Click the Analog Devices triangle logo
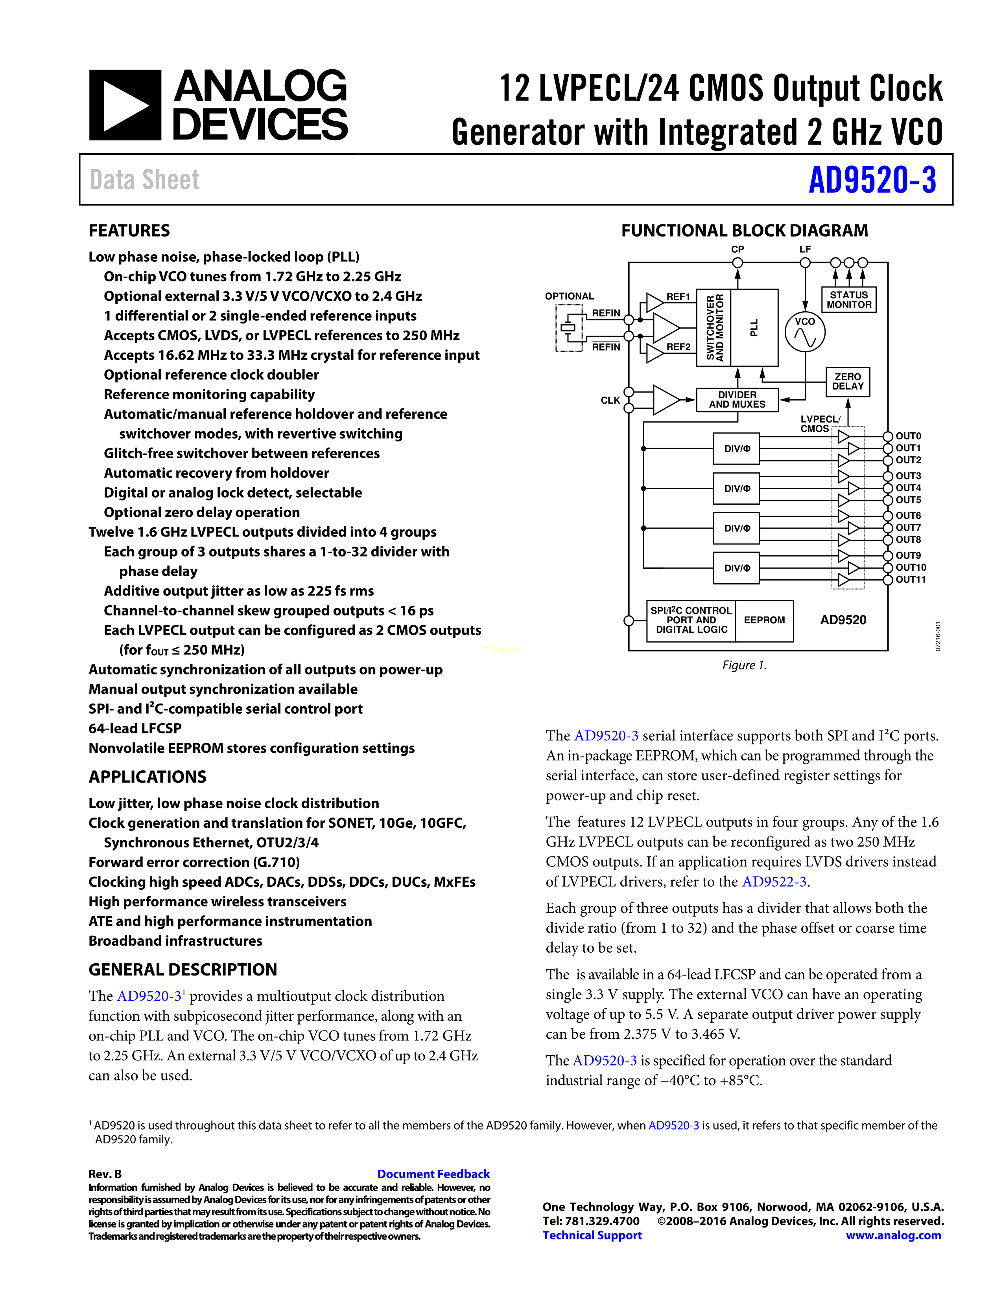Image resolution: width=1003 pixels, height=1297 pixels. (125, 105)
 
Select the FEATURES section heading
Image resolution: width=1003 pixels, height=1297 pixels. (129, 230)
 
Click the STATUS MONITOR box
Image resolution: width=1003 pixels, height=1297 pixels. (848, 300)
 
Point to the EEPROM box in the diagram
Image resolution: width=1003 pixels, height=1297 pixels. (764, 620)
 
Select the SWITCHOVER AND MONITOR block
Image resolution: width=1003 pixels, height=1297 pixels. (714, 327)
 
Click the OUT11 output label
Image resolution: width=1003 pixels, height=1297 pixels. (910, 580)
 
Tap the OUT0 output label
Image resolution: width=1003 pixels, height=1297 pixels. (908, 436)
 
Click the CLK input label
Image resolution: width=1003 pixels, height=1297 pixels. (610, 400)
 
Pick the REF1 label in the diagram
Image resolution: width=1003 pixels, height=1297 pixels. (678, 297)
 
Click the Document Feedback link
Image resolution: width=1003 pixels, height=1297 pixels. (433, 1174)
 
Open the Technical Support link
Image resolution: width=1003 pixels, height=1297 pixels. (592, 1235)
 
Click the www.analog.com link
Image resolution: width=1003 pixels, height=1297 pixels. (893, 1235)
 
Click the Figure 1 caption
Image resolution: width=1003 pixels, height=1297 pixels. (744, 665)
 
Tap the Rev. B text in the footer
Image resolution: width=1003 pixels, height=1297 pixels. (105, 1174)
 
